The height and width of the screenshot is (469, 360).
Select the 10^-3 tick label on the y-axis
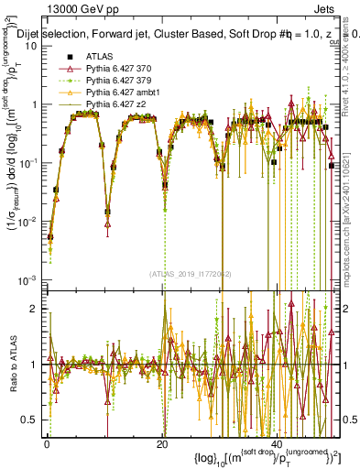tap(27, 279)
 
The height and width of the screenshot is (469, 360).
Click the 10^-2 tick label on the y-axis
tap(27, 221)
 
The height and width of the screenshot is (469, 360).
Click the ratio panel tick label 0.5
tap(31, 420)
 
